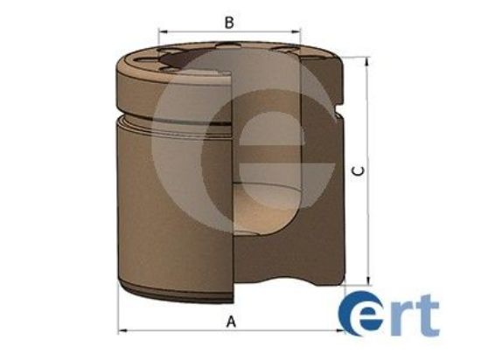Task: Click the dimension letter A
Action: click(x=232, y=322)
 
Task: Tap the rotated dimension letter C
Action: click(x=358, y=171)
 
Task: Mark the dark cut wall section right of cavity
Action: click(x=324, y=201)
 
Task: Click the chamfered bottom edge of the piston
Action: click(x=175, y=288)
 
